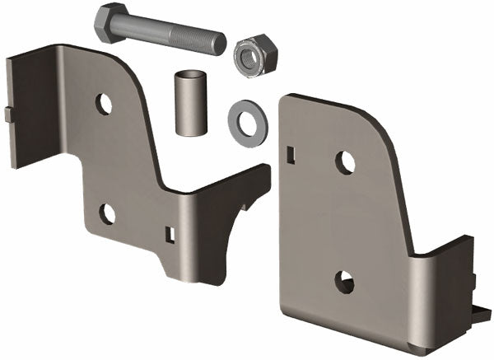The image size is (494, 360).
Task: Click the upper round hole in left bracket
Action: coord(104,104)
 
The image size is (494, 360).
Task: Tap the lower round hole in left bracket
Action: coord(108,213)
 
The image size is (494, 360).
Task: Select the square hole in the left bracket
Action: coord(170,235)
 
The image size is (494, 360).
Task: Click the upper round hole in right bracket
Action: coord(346,162)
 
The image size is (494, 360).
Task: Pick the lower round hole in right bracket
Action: coord(344,282)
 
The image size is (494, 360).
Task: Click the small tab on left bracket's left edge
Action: coord(8,114)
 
